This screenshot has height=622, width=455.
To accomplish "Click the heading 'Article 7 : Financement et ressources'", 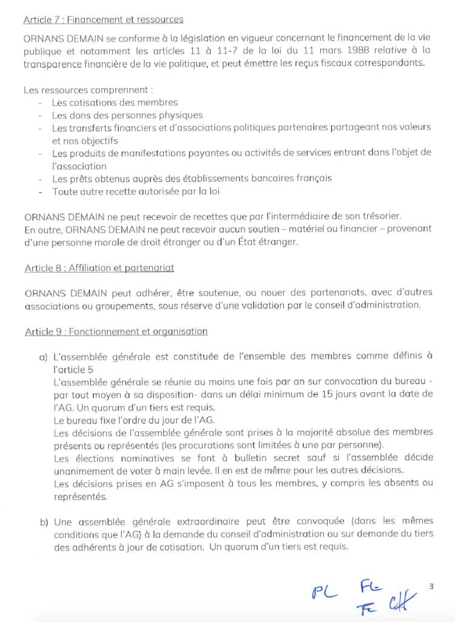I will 103,20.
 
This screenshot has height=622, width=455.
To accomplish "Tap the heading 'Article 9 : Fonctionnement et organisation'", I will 116,332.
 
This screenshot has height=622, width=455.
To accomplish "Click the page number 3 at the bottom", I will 431,586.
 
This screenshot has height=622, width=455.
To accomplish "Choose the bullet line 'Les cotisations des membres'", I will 115,103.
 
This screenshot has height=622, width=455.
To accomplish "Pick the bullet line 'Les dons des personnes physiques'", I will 127,115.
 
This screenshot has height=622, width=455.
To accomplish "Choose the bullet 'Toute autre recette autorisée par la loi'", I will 135,191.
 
